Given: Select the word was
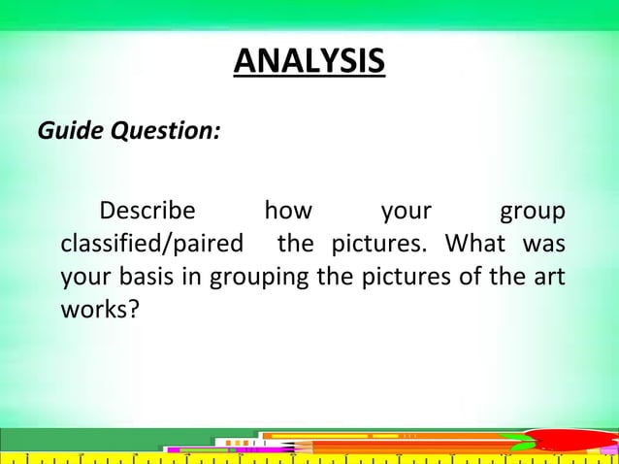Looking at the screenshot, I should pos(545,243).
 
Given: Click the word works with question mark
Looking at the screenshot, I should pos(98,307).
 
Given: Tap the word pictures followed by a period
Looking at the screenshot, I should pos(379,243).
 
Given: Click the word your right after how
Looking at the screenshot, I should pos(406,211).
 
